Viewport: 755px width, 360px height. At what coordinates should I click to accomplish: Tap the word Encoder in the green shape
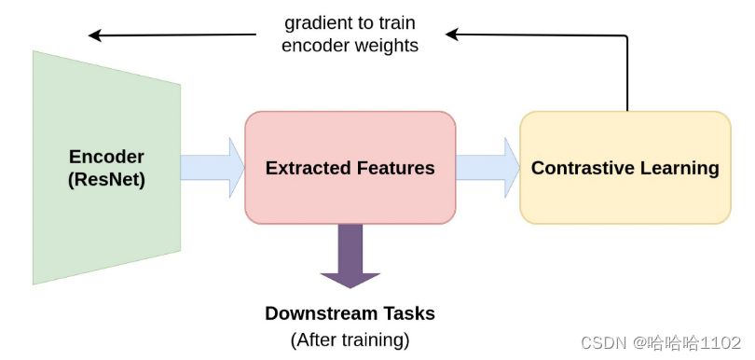pyautogui.click(x=107, y=157)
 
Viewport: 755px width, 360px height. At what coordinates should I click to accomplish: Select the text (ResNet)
pyautogui.click(x=107, y=180)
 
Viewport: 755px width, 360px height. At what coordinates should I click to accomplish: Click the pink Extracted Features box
pyautogui.click(x=350, y=201)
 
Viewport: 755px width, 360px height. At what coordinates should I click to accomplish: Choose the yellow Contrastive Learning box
pyautogui.click(x=625, y=201)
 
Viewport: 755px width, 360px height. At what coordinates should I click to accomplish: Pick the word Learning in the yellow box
pyautogui.click(x=679, y=168)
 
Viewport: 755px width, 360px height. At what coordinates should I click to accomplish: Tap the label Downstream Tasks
pyautogui.click(x=350, y=313)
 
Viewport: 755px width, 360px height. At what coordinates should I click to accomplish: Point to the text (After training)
pyautogui.click(x=350, y=339)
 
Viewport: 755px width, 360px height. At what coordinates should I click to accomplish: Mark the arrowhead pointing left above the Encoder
pyautogui.click(x=96, y=35)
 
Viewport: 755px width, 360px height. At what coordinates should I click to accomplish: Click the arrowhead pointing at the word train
pyautogui.click(x=453, y=35)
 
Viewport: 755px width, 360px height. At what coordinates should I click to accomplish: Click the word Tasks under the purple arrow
pyautogui.click(x=408, y=313)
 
